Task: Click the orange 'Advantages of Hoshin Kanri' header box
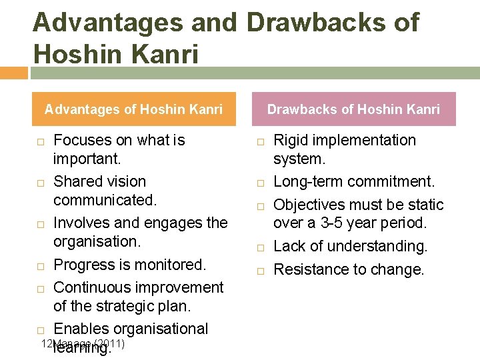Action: point(134,109)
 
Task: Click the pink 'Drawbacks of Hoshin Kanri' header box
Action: point(353,109)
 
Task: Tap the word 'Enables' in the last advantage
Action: point(81,329)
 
